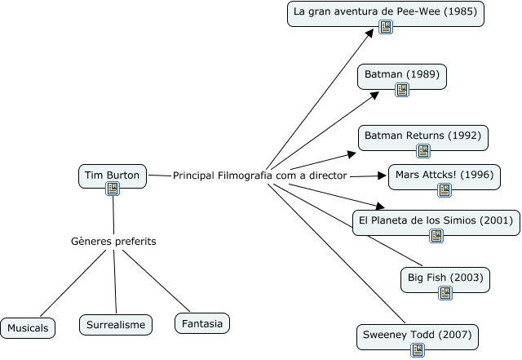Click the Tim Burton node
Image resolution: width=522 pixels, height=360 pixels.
coord(113,175)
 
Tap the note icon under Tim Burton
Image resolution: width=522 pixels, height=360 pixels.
coord(113,189)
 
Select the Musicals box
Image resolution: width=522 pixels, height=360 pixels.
coord(29,328)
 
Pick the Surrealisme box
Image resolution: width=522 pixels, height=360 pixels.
coord(116,325)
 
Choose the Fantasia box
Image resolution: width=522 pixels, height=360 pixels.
coord(201,324)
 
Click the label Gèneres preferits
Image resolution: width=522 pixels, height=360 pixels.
coord(113,242)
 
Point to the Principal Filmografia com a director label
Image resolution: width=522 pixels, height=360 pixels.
coord(260,176)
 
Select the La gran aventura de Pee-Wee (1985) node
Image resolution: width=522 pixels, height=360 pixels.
coord(386,12)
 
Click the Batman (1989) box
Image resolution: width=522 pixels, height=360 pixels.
coord(402,75)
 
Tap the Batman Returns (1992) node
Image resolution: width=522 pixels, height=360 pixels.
coord(422,135)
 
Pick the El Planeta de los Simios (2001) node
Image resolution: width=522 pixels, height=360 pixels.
coord(436,220)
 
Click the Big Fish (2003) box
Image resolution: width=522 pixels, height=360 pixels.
coord(445,279)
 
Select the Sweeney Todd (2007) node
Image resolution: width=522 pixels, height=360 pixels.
coord(417,335)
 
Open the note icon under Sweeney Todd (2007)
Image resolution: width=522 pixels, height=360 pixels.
coord(418,350)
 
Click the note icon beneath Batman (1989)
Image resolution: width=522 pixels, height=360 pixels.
coord(402,90)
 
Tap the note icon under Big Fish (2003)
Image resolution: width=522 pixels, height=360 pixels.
coord(445,293)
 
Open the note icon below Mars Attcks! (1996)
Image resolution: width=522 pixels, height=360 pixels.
coord(445,190)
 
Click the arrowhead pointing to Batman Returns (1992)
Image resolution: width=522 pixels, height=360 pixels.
coord(352,153)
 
